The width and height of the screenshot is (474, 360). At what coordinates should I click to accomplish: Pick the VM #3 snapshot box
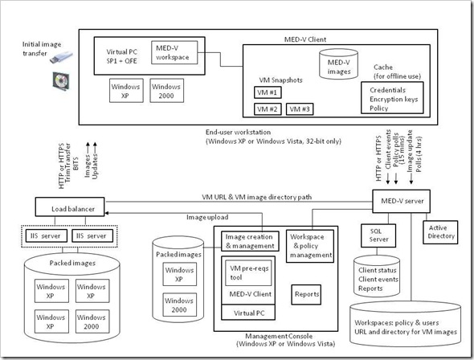[x=300, y=108]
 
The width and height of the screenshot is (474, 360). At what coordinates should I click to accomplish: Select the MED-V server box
[x=400, y=199]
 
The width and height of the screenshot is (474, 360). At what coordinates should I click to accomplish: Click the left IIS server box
[x=47, y=235]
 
